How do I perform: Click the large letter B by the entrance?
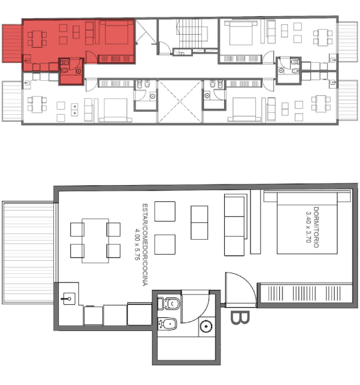pyautogui.click(x=240, y=318)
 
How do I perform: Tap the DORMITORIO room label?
pyautogui.click(x=317, y=227)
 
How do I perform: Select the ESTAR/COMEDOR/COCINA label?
pyautogui.click(x=145, y=245)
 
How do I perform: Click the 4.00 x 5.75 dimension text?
pyautogui.click(x=137, y=244)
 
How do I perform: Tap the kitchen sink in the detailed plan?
pyautogui.click(x=69, y=299)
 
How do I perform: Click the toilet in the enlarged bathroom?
pyautogui.click(x=169, y=304)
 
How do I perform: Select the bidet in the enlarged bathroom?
pyautogui.click(x=167, y=324)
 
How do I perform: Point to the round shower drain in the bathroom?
pyautogui.click(x=206, y=327)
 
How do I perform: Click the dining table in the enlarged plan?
pyautogui.click(x=95, y=241)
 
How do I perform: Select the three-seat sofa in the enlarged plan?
pyautogui.click(x=235, y=225)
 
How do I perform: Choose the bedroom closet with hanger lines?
pyautogui.click(x=306, y=294)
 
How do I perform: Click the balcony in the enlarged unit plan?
pyautogui.click(x=28, y=252)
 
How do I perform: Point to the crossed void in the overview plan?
pyautogui.click(x=180, y=101)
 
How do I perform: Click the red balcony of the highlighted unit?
pyautogui.click(x=12, y=43)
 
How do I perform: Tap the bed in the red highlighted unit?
pyautogui.click(x=117, y=32)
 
